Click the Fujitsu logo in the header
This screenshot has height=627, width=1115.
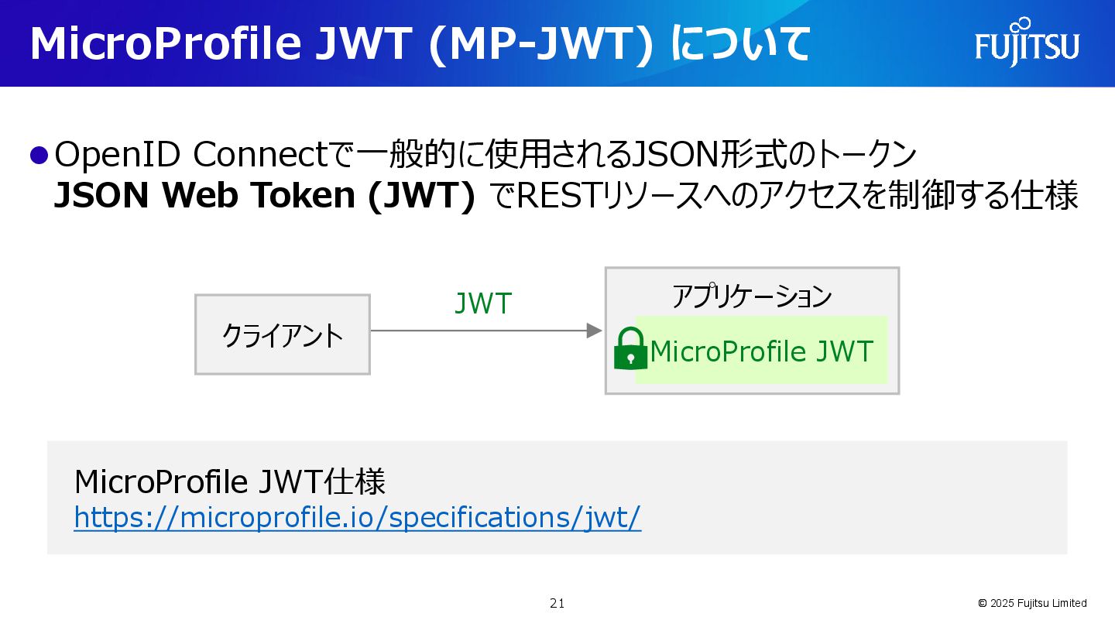1027,43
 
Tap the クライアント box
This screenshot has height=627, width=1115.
283,334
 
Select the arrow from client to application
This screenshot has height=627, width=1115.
486,331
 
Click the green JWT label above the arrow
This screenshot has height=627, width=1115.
483,304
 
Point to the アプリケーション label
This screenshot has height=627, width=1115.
751,296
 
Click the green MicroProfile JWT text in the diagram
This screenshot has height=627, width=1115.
762,351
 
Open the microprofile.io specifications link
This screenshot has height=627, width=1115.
358,517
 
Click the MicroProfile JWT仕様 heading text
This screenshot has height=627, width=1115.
230,482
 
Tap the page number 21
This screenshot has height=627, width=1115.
557,603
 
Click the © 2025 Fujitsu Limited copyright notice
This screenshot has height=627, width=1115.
1032,603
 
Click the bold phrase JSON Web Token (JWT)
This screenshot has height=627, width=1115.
264,197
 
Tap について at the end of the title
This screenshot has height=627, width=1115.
740,44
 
